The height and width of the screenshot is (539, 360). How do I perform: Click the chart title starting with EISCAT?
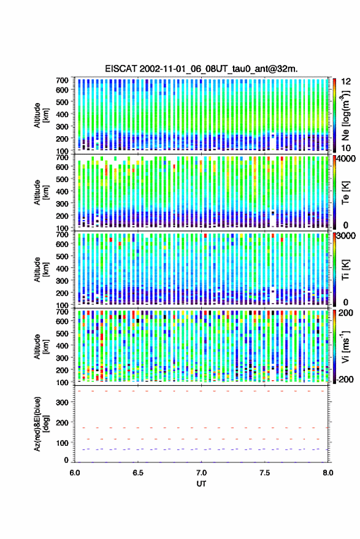pos(201,69)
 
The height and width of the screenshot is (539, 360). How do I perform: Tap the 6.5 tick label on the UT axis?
pos(138,473)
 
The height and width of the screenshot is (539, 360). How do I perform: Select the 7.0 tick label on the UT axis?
pos(201,473)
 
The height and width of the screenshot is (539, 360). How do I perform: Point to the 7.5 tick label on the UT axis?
pos(264,473)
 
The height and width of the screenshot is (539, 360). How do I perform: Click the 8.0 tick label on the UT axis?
pos(327,473)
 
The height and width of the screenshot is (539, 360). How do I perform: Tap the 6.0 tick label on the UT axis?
pos(75,473)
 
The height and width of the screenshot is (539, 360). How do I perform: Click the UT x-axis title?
pos(201,484)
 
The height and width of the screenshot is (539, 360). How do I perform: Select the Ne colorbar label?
pos(345,115)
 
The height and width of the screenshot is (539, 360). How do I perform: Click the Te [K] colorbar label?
pos(345,193)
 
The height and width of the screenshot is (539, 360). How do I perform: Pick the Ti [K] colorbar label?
pos(345,270)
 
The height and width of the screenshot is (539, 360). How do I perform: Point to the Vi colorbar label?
pos(345,346)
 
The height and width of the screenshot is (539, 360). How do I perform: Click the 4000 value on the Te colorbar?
pos(347,159)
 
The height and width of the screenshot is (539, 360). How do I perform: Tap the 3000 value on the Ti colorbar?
pos(347,236)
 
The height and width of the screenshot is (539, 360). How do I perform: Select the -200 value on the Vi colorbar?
pos(345,380)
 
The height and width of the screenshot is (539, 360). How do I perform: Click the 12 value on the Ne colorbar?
pos(346,82)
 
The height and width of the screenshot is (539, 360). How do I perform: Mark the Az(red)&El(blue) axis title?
pos(41,424)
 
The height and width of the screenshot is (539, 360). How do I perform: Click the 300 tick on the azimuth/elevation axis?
pos(62,402)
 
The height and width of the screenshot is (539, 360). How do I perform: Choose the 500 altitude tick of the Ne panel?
pos(62,102)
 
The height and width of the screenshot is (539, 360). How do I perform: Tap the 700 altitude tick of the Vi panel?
pos(62,312)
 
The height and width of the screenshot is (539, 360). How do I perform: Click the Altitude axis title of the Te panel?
pos(41,193)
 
